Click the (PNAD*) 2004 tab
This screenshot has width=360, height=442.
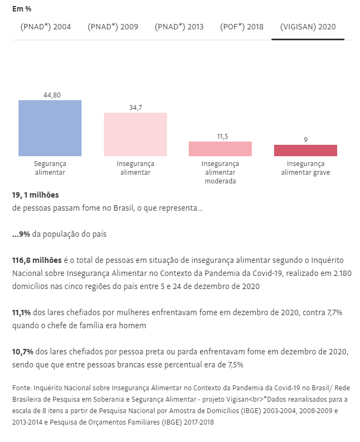coord(46,27)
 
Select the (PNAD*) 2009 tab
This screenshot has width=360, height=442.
coord(113,27)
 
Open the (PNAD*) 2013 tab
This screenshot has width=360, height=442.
coord(179,27)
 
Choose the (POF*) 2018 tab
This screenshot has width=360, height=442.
coord(242,27)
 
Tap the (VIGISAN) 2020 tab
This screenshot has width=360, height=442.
coord(308,27)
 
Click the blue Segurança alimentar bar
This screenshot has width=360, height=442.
coord(49,128)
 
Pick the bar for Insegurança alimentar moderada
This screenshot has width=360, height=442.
coord(220,149)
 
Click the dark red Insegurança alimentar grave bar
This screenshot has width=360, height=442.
coord(306,150)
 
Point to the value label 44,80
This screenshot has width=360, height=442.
coord(52,95)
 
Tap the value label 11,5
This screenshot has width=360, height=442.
coord(220,136)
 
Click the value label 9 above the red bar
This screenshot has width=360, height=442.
coord(306,139)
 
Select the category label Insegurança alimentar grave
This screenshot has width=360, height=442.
coord(306,168)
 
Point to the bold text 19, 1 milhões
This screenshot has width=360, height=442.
coord(35,194)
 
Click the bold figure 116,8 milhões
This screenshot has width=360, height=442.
coord(37,260)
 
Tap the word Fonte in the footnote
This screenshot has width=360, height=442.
coord(20,388)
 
